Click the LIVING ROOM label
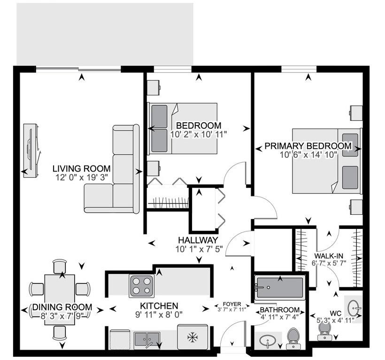(81, 168)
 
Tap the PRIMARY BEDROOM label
(308, 146)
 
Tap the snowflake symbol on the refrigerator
(192, 337)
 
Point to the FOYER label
(232, 304)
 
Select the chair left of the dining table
(37, 289)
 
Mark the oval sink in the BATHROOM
(268, 340)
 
